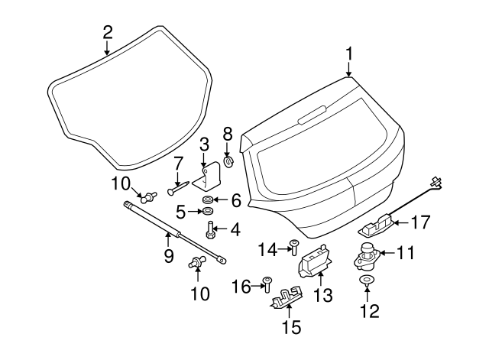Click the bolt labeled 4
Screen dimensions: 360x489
[209, 228]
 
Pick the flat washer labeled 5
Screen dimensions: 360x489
[206, 210]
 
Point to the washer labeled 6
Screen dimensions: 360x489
[208, 199]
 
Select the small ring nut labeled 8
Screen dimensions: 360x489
[227, 162]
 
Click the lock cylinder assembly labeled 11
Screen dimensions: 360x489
[366, 255]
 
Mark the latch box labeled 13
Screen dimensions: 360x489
[313, 260]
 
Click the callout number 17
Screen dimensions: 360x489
[421, 222]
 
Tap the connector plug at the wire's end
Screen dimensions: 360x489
[436, 182]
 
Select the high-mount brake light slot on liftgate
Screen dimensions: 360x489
[310, 117]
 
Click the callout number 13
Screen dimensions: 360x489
[323, 294]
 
